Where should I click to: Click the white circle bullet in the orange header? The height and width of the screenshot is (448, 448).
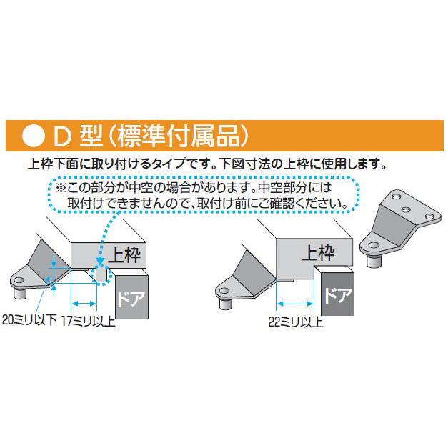(x=34, y=135)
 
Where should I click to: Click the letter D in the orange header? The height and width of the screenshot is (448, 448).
(x=63, y=135)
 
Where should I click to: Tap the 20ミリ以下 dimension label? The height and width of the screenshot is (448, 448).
(x=29, y=320)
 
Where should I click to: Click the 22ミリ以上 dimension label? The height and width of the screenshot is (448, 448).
(x=294, y=322)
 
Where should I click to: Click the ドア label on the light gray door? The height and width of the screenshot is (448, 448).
(x=129, y=294)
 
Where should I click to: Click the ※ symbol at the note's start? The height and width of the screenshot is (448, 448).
(x=60, y=189)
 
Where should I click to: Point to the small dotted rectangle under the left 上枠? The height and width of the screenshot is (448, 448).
(x=101, y=274)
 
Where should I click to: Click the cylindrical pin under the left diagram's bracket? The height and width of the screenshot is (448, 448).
(x=17, y=292)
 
